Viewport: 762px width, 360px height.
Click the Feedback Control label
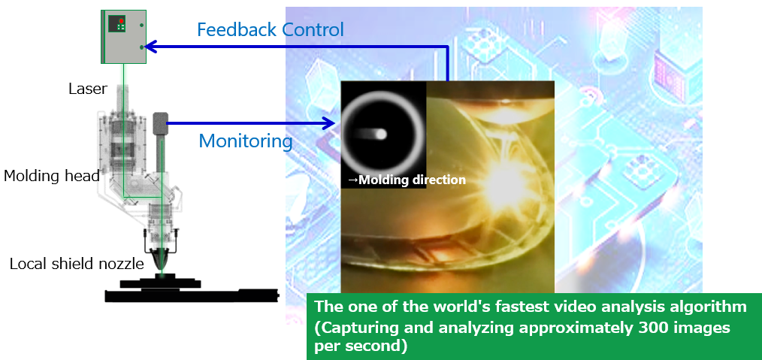(x=271, y=30)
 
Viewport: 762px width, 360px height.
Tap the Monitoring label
(x=246, y=141)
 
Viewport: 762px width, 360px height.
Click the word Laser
(x=88, y=89)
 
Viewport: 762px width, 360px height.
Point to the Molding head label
(x=52, y=176)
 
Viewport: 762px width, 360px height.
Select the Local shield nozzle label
(x=77, y=264)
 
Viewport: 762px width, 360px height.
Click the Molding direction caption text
(x=407, y=180)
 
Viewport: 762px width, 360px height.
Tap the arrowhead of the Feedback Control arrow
(x=150, y=47)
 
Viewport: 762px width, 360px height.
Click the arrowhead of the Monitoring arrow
(x=330, y=123)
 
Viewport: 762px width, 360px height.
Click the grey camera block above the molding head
(x=160, y=123)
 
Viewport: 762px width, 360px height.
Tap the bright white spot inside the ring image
(x=381, y=134)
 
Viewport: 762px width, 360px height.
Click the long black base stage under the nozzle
(x=192, y=295)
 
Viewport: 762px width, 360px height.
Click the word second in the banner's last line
(x=375, y=347)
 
